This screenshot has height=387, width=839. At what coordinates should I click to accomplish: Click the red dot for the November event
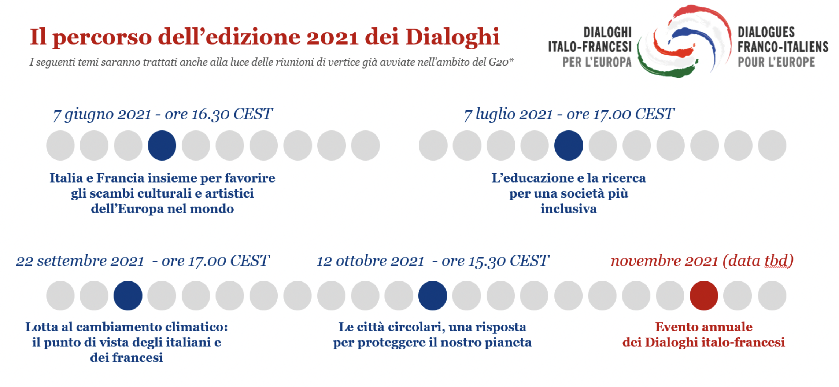point(703,296)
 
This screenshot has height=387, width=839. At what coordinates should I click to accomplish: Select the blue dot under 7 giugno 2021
point(162,145)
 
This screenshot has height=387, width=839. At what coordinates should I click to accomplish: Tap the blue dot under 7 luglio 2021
point(569,145)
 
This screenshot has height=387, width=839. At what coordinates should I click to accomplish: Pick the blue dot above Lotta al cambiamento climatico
point(128,296)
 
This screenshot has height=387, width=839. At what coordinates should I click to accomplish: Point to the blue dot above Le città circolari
point(433,296)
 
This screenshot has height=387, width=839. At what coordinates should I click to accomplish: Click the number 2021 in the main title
point(332,37)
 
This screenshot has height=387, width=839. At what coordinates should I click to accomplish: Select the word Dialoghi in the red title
point(452,37)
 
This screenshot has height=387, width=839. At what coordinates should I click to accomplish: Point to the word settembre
point(72,261)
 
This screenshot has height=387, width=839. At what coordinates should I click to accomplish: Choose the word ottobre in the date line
point(361,261)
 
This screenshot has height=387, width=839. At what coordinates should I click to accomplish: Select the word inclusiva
point(569,209)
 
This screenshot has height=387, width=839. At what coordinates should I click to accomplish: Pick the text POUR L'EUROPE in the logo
point(776,62)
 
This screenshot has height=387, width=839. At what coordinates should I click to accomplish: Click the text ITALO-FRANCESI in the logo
point(589,47)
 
